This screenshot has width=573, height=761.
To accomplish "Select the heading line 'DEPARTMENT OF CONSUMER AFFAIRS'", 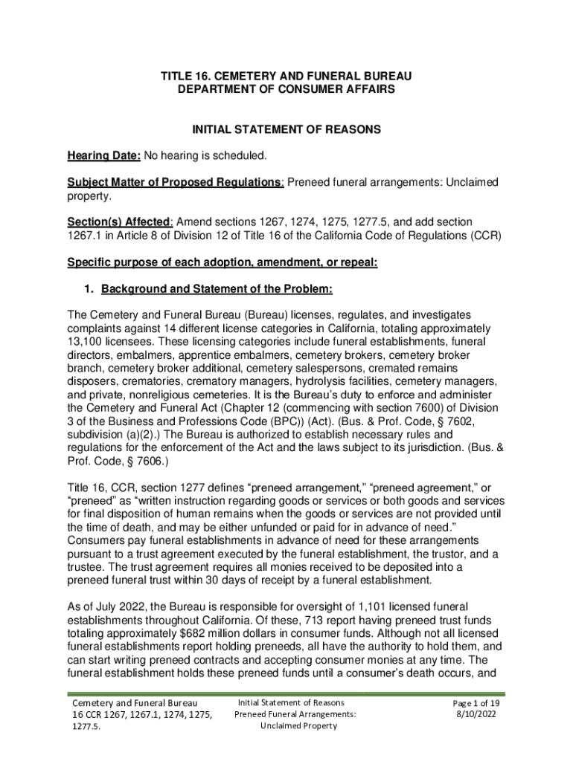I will pos(286,89).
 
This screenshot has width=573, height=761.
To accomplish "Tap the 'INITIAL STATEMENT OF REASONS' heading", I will pos(286,129).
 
